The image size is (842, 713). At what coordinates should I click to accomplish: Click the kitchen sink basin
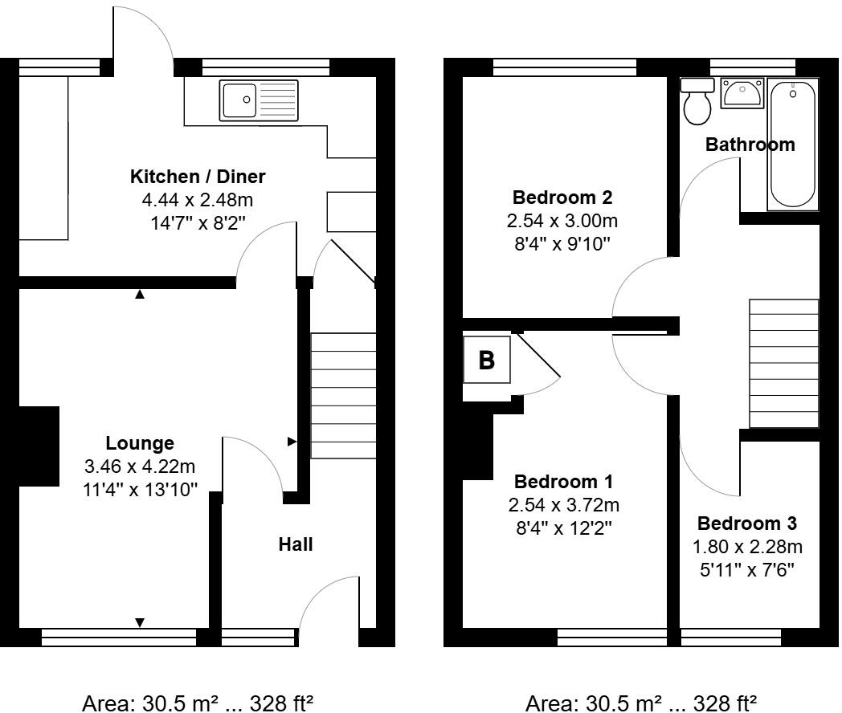point(239,100)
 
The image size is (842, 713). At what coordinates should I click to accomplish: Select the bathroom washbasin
point(742,93)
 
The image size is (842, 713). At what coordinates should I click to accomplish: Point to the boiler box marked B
point(487,361)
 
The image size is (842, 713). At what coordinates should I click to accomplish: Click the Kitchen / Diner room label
point(198,177)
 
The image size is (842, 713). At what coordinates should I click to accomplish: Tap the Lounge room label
point(140,443)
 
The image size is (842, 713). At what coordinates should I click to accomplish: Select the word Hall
point(295,544)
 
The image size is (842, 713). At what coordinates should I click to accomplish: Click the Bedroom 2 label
point(563,198)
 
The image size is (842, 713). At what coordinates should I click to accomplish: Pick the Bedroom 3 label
point(747,524)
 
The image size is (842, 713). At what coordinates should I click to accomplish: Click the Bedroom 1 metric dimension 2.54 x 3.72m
point(563,505)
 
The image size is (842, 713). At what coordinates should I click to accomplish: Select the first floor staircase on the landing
point(783,364)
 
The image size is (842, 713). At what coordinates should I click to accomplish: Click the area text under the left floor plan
point(198,703)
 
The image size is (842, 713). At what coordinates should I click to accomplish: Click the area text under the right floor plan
point(640,703)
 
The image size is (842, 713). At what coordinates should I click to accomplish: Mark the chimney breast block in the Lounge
point(39,446)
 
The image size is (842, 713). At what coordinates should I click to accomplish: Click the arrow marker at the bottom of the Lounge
point(140,622)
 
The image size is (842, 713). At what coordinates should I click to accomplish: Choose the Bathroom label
point(750,145)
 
